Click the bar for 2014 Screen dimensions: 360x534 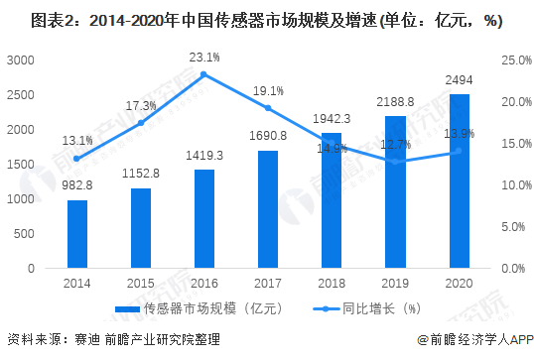(x=77, y=234)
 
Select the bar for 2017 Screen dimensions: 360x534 (x=268, y=209)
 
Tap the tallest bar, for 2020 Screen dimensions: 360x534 (x=459, y=181)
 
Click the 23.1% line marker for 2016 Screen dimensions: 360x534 (x=203, y=74)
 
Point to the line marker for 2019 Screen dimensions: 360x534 (x=395, y=162)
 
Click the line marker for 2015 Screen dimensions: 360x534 (x=140, y=123)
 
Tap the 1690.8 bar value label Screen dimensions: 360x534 (x=268, y=136)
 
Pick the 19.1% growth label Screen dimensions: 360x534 (x=268, y=90)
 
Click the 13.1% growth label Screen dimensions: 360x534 (x=76, y=140)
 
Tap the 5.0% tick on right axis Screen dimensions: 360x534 (x=517, y=227)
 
